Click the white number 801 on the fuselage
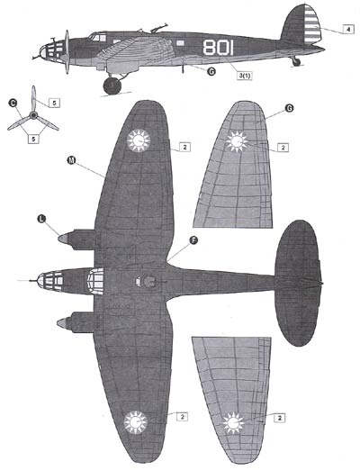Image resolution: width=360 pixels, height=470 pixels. pyautogui.click(x=218, y=48)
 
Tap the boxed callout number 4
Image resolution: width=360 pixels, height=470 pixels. pyautogui.click(x=348, y=30)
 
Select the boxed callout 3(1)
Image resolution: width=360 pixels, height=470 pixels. pyautogui.click(x=245, y=76)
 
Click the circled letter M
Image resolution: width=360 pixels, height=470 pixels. pyautogui.click(x=71, y=160)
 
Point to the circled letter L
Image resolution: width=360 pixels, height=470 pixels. pyautogui.click(x=41, y=219)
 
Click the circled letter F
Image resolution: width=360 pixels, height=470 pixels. pyautogui.click(x=194, y=240)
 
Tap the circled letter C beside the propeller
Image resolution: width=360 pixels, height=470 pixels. pyautogui.click(x=13, y=104)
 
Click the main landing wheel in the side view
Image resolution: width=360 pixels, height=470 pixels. pyautogui.click(x=112, y=86)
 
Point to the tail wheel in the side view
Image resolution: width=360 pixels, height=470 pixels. pyautogui.click(x=296, y=62)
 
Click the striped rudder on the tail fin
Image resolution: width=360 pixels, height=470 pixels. pyautogui.click(x=313, y=23)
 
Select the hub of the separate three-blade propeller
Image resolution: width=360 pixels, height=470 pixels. pyautogui.click(x=33, y=115)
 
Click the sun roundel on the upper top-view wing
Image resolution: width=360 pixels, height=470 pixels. pyautogui.click(x=139, y=140)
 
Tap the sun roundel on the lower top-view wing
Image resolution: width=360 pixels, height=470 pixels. pyautogui.click(x=136, y=422)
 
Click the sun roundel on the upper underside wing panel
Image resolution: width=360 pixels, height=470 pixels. pyautogui.click(x=237, y=141)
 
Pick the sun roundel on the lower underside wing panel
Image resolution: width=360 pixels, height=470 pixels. pyautogui.click(x=233, y=423)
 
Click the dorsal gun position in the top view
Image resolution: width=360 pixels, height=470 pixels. pyautogui.click(x=150, y=282)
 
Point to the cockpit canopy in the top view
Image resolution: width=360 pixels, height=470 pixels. pyautogui.click(x=95, y=281)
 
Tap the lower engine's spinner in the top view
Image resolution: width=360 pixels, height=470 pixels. pyautogui.click(x=62, y=323)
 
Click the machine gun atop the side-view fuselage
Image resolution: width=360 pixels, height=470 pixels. pyautogui.click(x=158, y=28)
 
